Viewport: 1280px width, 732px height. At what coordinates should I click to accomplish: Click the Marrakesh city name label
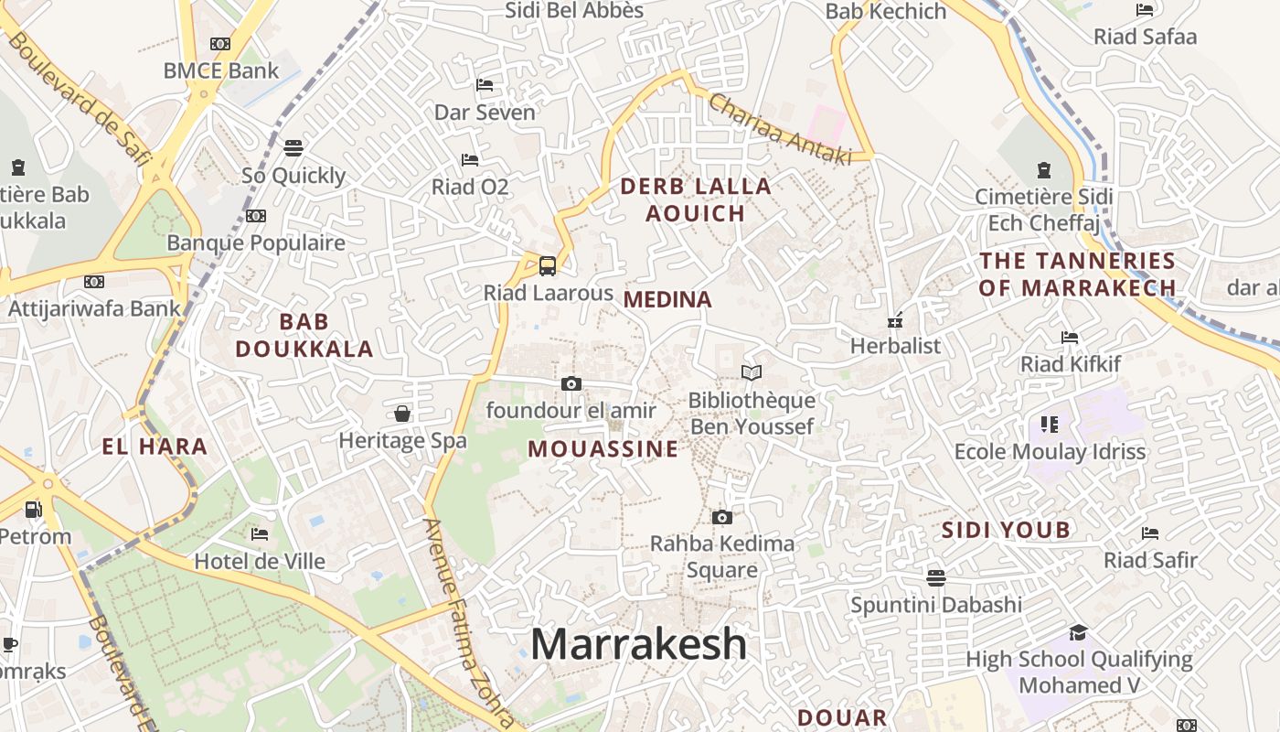(638, 644)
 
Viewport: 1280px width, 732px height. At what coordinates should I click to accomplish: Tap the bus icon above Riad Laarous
(547, 266)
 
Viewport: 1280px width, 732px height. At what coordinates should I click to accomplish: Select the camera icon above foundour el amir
(571, 383)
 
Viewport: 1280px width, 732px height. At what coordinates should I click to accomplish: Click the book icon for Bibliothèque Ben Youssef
(752, 372)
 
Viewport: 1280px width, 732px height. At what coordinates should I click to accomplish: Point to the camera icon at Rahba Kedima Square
(721, 517)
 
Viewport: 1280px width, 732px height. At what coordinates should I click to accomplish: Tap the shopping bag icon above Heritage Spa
(402, 414)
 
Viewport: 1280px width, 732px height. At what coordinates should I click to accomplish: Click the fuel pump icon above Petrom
(33, 509)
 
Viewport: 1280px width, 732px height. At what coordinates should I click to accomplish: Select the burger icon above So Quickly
(293, 147)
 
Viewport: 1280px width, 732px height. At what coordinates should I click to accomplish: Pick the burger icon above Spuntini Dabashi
(935, 577)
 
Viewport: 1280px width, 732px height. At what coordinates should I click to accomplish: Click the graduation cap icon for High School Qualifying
(1079, 632)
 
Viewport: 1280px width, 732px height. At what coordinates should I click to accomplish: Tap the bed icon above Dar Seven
(485, 85)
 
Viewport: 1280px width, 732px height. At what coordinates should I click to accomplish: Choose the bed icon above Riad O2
(470, 159)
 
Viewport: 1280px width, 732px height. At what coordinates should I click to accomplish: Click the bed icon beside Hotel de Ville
(260, 533)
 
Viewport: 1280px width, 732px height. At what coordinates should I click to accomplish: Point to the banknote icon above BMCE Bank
(220, 43)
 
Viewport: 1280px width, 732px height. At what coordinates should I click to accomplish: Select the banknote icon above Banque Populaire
(256, 216)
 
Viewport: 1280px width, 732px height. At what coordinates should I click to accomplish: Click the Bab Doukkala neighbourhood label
(304, 335)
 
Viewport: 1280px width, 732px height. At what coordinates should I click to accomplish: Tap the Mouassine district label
(603, 448)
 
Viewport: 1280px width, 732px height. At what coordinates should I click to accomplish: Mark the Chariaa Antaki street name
(780, 129)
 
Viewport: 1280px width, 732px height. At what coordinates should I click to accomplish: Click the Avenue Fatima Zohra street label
(460, 623)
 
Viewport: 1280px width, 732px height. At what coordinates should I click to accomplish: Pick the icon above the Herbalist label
(895, 320)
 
